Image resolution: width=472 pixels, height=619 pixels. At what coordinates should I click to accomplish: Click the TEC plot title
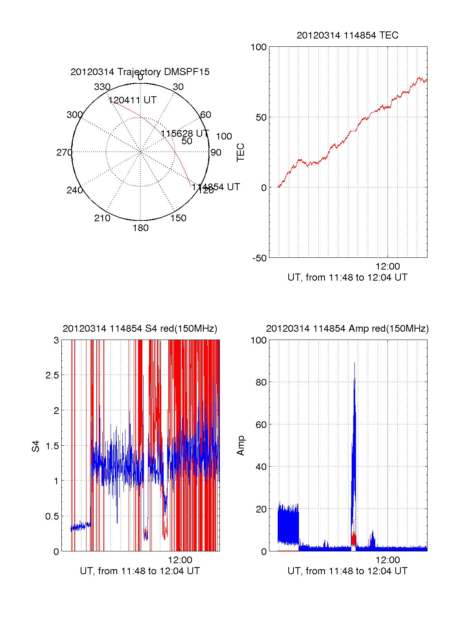[x=347, y=35]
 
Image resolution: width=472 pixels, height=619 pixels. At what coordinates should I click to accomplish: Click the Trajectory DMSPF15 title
[x=140, y=72]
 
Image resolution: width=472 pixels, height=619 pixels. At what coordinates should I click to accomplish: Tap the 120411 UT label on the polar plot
[x=133, y=100]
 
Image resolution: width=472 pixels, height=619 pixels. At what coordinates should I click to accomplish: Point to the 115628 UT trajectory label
[x=184, y=134]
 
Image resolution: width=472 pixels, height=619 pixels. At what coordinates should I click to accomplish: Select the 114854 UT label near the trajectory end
[x=216, y=187]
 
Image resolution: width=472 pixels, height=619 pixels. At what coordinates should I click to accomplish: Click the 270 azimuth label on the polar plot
[x=64, y=152]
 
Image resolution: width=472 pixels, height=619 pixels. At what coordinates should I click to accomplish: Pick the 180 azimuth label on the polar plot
[x=140, y=228]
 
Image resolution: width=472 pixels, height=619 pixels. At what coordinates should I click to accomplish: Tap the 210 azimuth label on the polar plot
[x=102, y=218]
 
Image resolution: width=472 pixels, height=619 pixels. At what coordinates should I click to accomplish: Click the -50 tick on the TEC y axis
[x=259, y=258]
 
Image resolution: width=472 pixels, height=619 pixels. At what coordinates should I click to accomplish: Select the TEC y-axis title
[x=240, y=152]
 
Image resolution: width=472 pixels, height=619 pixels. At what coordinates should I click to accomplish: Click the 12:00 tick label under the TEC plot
[x=387, y=267]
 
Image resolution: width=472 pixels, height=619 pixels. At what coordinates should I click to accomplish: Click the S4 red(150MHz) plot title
[x=140, y=329]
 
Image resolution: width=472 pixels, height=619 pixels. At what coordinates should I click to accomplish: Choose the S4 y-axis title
[x=36, y=446]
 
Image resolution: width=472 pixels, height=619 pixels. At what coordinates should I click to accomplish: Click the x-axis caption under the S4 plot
[x=140, y=571]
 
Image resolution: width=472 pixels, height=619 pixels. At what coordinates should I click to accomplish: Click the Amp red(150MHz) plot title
[x=347, y=329]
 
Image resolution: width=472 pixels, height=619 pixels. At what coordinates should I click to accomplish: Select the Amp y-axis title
[x=240, y=446]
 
